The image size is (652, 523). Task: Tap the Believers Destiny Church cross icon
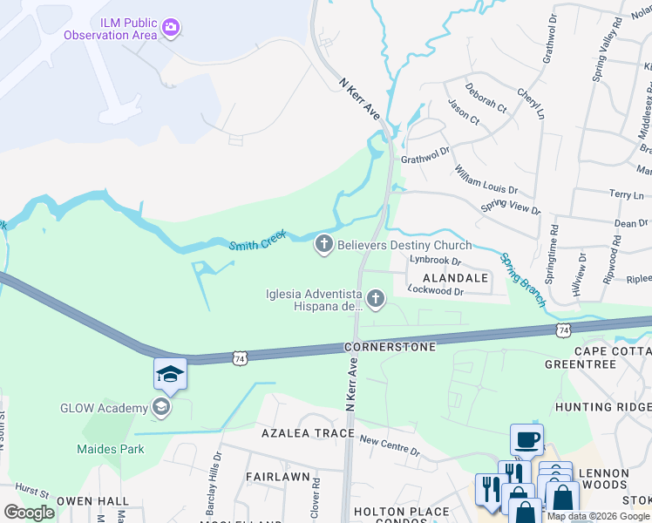point(324,245)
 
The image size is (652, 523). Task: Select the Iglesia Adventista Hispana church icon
point(376,300)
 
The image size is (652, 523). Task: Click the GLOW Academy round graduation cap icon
point(160,406)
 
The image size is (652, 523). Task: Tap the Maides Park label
point(109,449)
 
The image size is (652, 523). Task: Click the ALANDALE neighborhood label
point(458,277)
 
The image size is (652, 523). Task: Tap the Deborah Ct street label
point(486,98)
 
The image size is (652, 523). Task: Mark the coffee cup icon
point(526,439)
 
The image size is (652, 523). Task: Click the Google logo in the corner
point(28,513)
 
